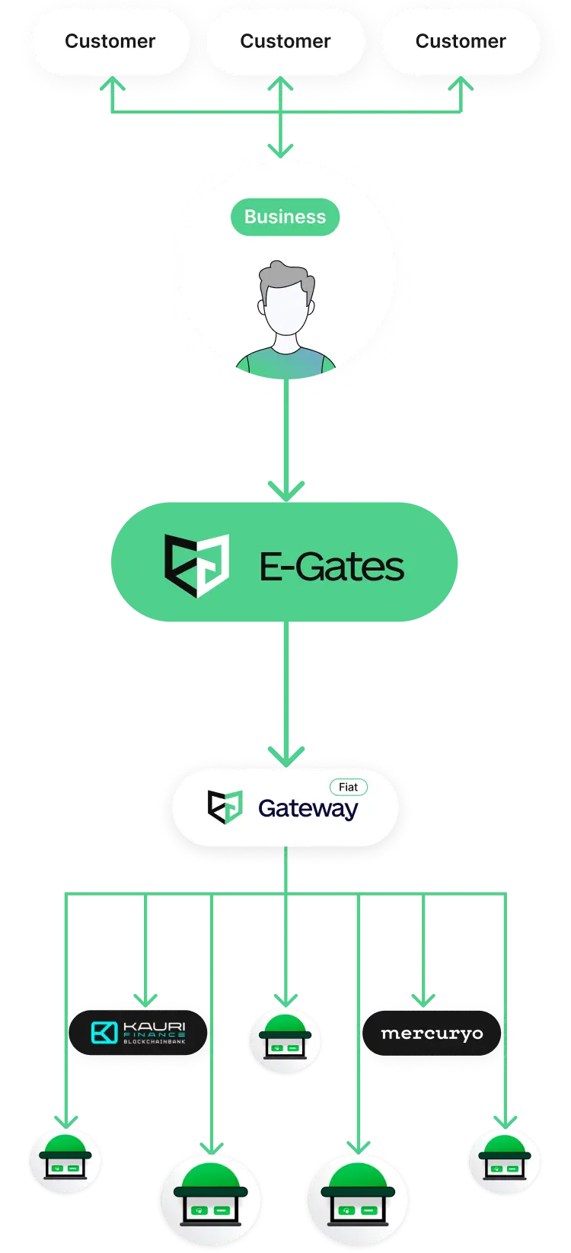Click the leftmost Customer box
click(x=110, y=41)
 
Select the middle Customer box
click(x=285, y=41)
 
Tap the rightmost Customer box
click(x=460, y=41)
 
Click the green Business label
click(x=285, y=217)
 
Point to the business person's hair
click(x=285, y=278)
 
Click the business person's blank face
click(x=285, y=312)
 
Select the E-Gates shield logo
click(x=196, y=564)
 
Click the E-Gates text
click(x=332, y=567)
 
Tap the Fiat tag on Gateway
click(x=348, y=787)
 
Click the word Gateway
click(x=308, y=808)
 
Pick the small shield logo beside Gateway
click(x=225, y=807)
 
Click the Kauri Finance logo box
click(x=139, y=1033)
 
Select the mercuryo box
click(x=432, y=1034)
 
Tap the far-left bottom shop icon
click(x=65, y=1161)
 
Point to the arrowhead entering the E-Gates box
click(x=285, y=488)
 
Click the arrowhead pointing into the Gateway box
click(x=285, y=755)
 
